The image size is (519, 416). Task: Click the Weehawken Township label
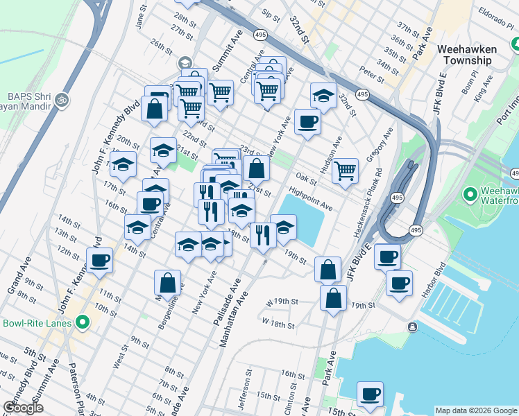pyautogui.click(x=474, y=55)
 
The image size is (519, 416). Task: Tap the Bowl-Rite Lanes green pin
pyautogui.click(x=84, y=322)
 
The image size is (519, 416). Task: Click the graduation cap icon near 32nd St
pyautogui.click(x=323, y=96)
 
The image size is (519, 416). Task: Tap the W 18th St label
pyautogui.click(x=279, y=323)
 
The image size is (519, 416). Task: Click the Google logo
pyautogui.click(x=23, y=408)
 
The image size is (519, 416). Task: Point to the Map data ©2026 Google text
pyautogui.click(x=475, y=410)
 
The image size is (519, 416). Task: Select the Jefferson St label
pyautogui.click(x=245, y=394)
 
